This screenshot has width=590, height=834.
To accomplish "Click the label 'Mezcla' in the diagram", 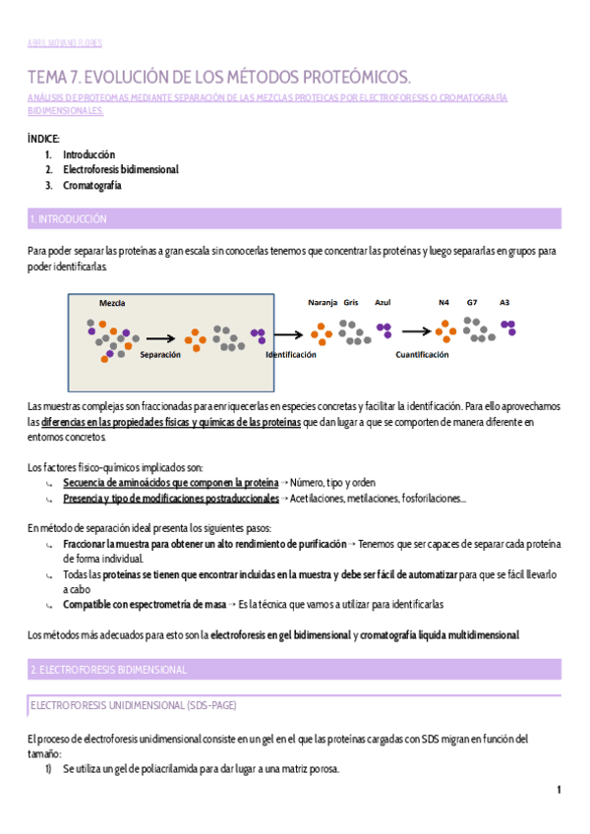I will pos(112,303).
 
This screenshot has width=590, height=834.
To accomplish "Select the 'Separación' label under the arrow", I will pos(160,354).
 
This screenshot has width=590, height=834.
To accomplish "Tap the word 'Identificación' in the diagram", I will pos(291,354).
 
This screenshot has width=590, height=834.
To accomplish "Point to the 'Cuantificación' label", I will pos(422,354).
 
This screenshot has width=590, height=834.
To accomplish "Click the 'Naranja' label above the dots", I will pos(323,302).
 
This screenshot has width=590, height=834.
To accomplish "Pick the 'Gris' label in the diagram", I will pos(351,302).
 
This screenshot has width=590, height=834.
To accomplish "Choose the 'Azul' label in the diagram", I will pos(383,302).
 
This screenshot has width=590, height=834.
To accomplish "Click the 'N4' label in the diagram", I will pos(443,302).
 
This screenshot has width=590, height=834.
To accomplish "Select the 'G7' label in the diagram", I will pos(472,302).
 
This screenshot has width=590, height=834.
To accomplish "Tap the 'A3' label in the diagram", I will pos(504,302).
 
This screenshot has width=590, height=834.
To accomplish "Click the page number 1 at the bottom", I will pos(559,790).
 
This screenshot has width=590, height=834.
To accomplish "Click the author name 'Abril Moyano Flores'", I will pos(65,43).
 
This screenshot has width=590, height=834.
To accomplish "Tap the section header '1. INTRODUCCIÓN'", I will pos(69,218).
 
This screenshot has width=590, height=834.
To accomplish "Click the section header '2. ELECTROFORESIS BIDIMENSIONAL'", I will pos(108,669).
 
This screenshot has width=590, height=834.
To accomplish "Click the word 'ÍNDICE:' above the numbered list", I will pos(44,139).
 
